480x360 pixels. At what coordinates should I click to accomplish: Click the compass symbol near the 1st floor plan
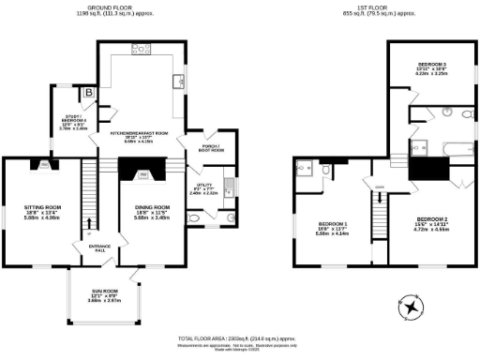[x=413, y=307]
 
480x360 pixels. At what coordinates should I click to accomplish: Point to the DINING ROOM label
[x=152, y=208]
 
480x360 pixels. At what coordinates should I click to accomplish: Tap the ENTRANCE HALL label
[x=96, y=247]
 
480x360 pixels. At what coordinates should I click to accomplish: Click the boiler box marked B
[x=89, y=92]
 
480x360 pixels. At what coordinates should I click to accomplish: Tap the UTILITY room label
[x=209, y=189]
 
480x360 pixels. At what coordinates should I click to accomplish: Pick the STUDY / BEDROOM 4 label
[x=73, y=121]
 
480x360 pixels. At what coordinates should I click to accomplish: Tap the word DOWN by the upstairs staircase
[x=380, y=187]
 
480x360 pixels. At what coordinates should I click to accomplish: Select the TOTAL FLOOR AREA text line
[x=239, y=337]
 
